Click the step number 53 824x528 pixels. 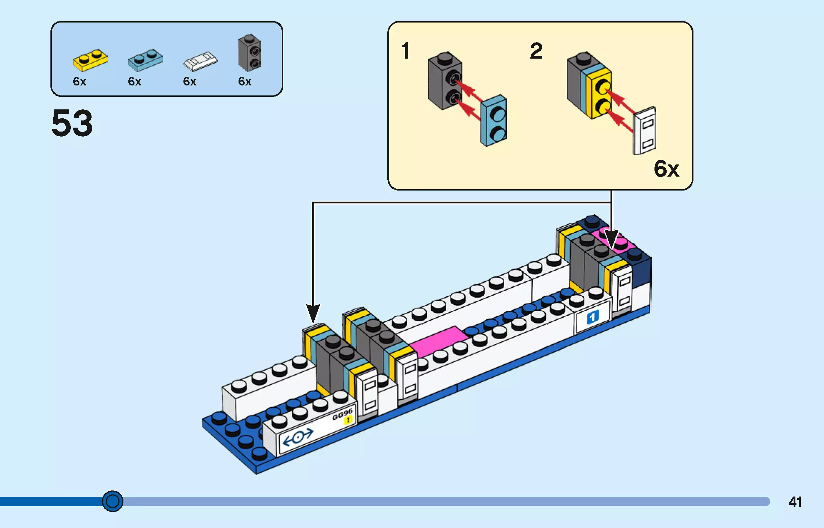pyautogui.click(x=72, y=123)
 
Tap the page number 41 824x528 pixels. pyautogui.click(x=795, y=502)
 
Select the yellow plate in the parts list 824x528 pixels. pyautogui.click(x=90, y=60)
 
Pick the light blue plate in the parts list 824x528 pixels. pyautogui.click(x=145, y=60)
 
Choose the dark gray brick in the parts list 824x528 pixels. pyautogui.click(x=250, y=53)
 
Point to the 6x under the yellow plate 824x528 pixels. pyautogui.click(x=79, y=82)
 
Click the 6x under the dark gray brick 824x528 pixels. pyautogui.click(x=245, y=82)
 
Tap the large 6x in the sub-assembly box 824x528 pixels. pyautogui.click(x=666, y=169)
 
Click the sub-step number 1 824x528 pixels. pyautogui.click(x=405, y=51)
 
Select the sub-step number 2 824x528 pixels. pyautogui.click(x=536, y=51)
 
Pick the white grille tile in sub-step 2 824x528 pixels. pyautogui.click(x=644, y=131)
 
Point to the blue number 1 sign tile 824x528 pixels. pyautogui.click(x=592, y=317)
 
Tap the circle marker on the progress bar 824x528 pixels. pyautogui.click(x=113, y=501)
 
